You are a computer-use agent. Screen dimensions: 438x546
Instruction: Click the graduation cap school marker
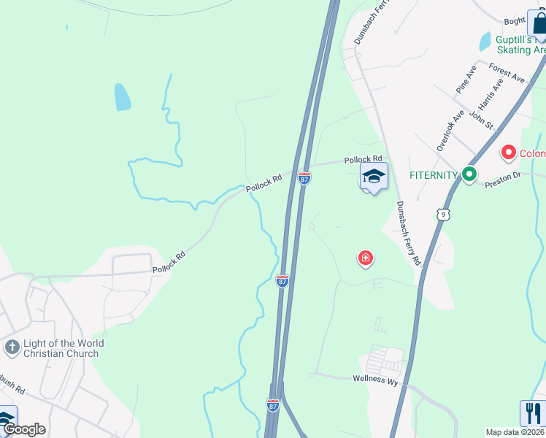374,177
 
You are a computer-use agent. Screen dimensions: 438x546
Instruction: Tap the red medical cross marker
365,258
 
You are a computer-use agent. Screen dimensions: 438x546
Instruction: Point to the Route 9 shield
444,214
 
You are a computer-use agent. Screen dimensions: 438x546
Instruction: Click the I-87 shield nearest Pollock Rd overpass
304,177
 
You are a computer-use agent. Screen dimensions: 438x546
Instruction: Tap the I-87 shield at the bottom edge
273,404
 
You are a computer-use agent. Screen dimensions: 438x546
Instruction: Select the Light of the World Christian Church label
64,348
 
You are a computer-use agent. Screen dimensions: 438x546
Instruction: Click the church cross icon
11,347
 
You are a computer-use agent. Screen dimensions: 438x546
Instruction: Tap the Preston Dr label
501,182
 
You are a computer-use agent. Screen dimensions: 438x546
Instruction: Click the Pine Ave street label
466,79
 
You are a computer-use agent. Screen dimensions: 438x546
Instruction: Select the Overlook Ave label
450,131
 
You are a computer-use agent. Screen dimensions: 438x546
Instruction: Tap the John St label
482,118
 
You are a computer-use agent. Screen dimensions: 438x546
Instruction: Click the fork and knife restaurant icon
533,413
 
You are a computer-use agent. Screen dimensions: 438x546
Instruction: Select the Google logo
23,429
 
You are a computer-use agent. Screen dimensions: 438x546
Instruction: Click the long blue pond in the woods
122,96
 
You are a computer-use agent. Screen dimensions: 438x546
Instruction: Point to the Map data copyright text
515,432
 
